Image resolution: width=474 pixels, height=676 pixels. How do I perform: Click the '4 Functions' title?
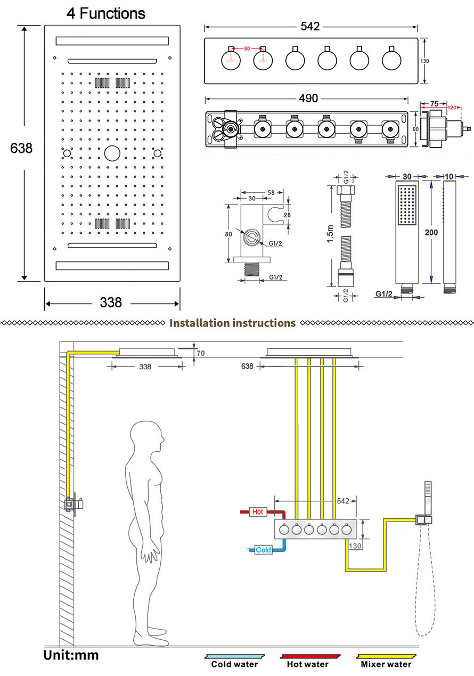click(106, 13)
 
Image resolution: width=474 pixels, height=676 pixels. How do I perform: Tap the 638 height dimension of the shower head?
click(21, 148)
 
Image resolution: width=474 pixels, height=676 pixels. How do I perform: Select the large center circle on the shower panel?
click(112, 153)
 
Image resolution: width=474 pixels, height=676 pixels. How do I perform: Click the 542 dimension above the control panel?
click(310, 27)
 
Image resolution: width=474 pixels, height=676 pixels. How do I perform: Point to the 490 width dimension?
click(308, 99)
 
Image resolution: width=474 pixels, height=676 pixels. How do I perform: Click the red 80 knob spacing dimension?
click(247, 48)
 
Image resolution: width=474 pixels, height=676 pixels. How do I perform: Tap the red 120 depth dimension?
click(452, 108)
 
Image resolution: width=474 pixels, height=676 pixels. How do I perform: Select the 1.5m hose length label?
click(330, 234)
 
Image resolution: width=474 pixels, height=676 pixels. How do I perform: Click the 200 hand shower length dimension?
click(431, 232)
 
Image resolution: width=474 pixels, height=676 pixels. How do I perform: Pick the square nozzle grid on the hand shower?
click(407, 205)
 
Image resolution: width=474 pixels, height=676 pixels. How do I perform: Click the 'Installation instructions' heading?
click(232, 323)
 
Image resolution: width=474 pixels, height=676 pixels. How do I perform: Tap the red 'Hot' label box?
click(258, 512)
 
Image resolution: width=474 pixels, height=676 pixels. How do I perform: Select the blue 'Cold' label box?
click(263, 550)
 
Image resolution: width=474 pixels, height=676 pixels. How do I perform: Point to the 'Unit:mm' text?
click(71, 655)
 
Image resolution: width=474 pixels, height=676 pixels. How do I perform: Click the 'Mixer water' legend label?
click(386, 664)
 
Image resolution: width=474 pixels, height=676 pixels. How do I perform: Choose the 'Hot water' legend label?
click(308, 664)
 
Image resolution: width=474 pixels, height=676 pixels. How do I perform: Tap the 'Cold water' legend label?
click(234, 664)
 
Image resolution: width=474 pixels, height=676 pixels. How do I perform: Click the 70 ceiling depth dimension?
click(201, 353)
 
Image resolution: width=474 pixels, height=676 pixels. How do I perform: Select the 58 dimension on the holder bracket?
click(271, 192)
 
